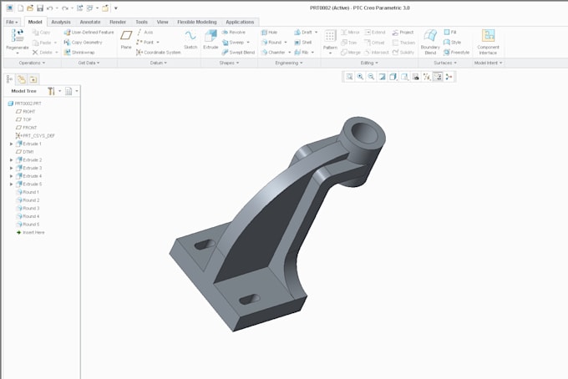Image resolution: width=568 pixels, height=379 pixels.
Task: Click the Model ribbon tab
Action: point(34,22)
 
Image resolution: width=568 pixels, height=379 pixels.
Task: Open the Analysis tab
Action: point(61,22)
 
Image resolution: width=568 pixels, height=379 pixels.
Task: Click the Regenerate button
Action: point(18,39)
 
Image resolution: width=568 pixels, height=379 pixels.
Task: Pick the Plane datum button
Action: point(126,39)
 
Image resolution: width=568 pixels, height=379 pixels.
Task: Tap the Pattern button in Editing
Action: point(331,39)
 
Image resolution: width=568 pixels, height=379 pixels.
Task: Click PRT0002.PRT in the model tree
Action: point(29,103)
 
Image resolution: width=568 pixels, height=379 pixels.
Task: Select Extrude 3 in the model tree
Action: point(32,168)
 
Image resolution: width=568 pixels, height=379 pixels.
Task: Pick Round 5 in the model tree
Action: point(31,225)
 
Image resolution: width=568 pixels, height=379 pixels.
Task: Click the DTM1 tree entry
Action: point(28,151)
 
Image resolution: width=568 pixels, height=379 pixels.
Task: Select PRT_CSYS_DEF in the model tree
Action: point(38,135)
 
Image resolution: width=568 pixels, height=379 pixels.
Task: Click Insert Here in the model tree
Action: point(33,232)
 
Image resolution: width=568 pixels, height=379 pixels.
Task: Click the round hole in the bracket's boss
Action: point(365,131)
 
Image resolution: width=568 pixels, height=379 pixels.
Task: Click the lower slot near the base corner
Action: point(249,299)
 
